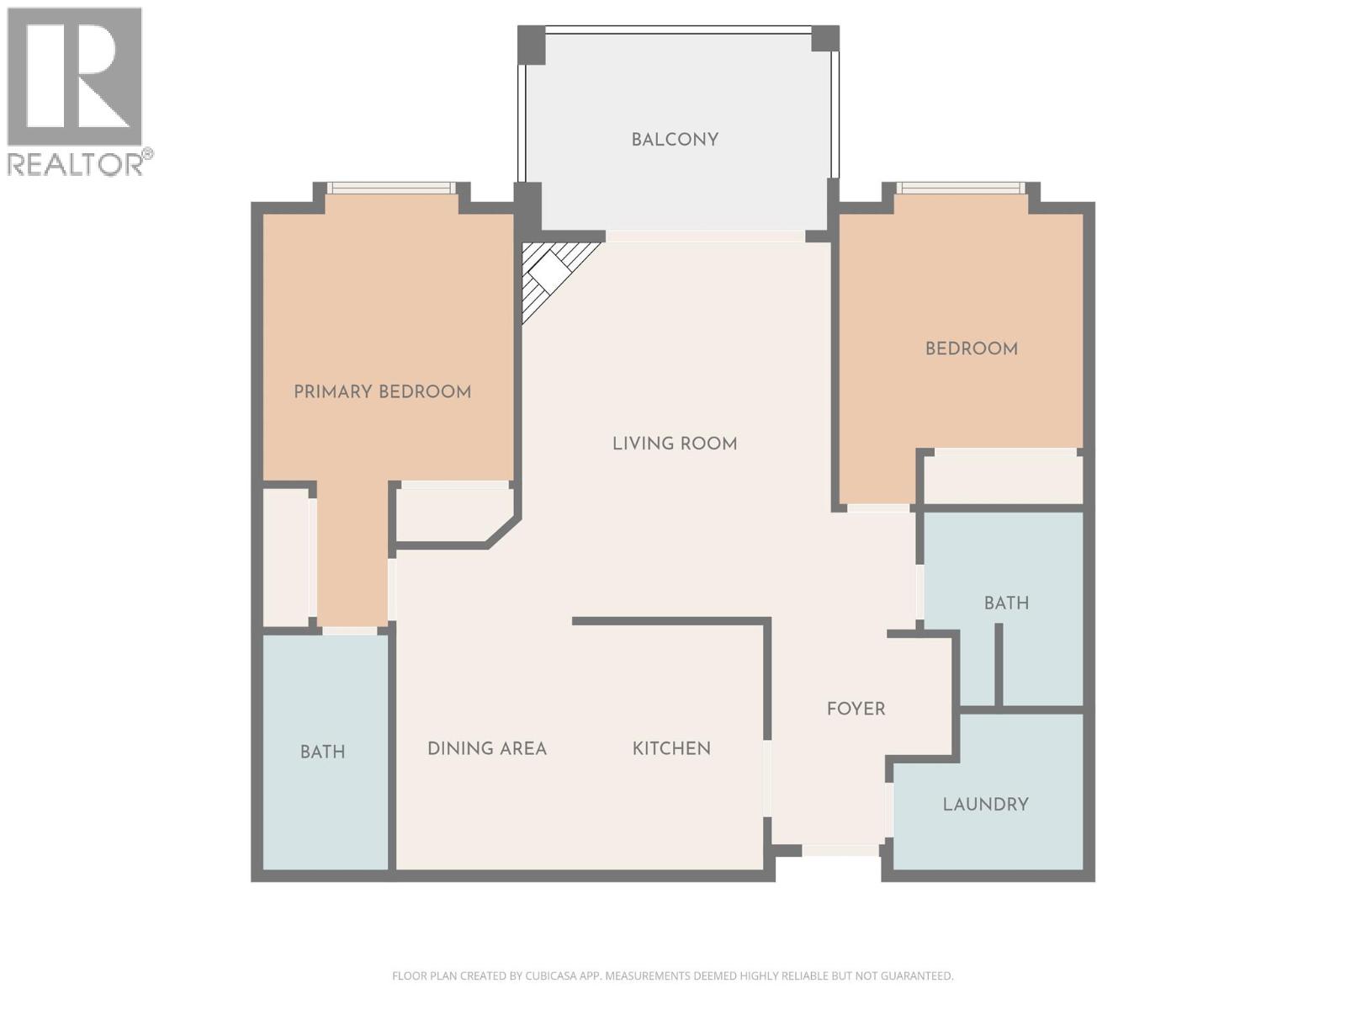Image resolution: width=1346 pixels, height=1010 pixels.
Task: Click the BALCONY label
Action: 675,140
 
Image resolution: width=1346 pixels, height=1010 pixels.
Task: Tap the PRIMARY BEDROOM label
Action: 382,391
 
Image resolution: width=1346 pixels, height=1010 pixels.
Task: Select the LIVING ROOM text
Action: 675,444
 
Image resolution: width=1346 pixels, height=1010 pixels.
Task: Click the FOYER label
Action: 856,709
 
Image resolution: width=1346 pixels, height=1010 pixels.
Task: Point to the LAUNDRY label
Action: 985,805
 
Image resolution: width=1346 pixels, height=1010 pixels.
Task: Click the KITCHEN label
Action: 671,748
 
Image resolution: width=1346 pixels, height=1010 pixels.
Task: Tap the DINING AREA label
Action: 487,748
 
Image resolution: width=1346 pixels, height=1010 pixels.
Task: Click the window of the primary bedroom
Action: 391,189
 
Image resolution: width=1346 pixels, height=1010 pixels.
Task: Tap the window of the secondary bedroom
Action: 960,189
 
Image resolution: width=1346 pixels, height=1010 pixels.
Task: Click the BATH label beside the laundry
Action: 1006,603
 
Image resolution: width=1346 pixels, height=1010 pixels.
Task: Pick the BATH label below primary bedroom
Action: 322,752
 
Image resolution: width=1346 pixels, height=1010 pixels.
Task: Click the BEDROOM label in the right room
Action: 971,348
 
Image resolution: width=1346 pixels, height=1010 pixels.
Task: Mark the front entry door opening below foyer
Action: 840,850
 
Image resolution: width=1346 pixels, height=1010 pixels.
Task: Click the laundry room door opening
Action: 888,810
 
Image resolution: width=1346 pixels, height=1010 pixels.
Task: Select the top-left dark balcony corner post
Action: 531,45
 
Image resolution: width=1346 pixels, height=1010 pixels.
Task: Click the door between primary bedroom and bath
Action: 350,630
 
